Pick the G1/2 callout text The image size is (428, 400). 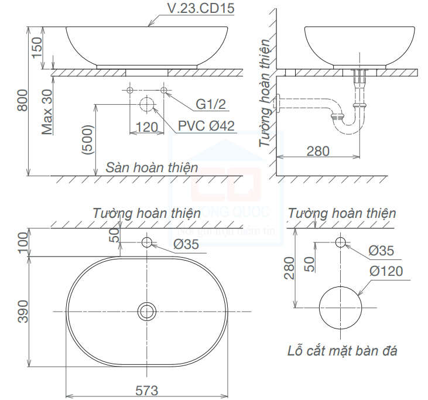[211, 104]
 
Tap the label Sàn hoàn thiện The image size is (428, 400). [152, 167]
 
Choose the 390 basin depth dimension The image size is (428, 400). [23, 310]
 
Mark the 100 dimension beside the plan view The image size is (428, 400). [23, 242]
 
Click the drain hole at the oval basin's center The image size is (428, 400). [146, 310]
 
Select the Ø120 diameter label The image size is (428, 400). [385, 271]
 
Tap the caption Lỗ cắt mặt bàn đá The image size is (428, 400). [343, 351]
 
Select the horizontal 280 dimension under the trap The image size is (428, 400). [317, 151]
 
